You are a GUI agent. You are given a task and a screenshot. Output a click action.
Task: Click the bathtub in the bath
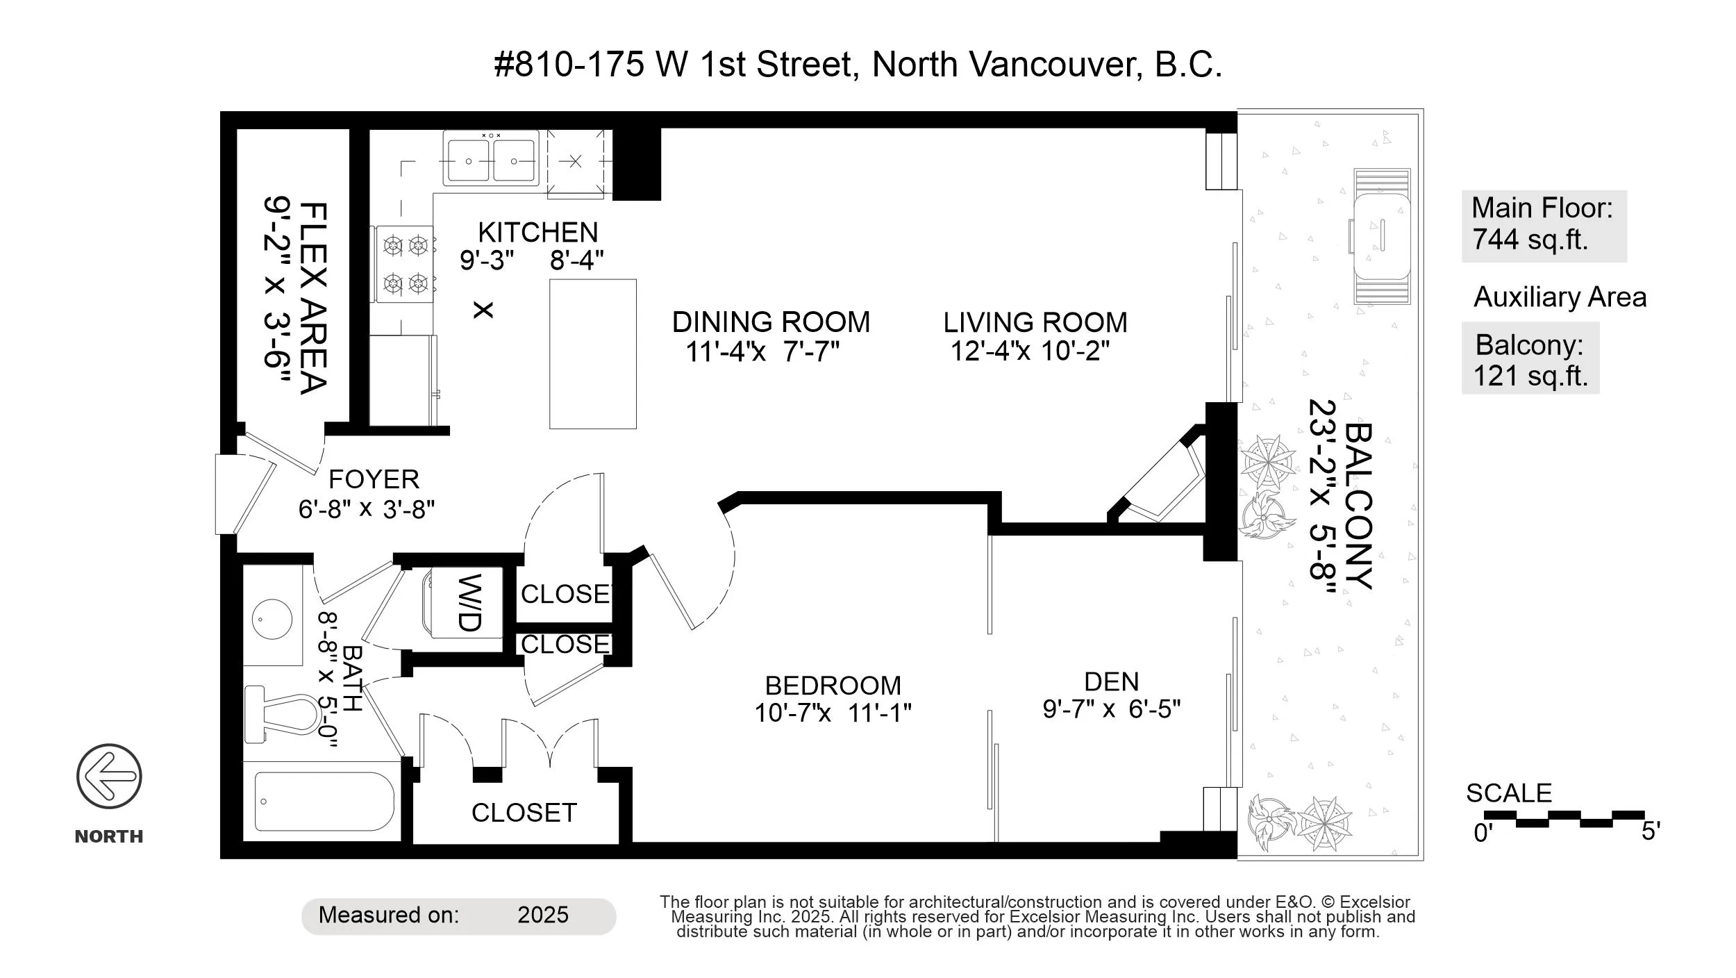(x=324, y=801)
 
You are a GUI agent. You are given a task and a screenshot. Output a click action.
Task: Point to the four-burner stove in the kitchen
(x=406, y=264)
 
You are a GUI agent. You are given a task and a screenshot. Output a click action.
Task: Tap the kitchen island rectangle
(x=593, y=354)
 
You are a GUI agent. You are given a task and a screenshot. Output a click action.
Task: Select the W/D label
(x=470, y=602)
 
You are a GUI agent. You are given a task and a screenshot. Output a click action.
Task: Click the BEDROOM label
(x=833, y=686)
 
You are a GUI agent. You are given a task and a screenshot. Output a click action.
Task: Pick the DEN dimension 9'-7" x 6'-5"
(x=1112, y=709)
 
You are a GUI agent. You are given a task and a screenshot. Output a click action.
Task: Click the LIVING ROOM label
(x=1035, y=322)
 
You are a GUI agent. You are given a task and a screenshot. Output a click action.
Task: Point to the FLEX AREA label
(x=313, y=298)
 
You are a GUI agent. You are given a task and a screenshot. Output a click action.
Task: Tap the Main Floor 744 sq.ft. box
(x=1544, y=226)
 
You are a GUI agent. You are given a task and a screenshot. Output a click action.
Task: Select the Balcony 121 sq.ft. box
(x=1530, y=358)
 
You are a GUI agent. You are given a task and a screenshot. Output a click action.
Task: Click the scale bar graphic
(x=1564, y=819)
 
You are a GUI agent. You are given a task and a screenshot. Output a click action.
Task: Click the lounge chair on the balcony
(x=1382, y=236)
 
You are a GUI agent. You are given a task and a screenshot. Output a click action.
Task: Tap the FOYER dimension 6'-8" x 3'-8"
(x=367, y=510)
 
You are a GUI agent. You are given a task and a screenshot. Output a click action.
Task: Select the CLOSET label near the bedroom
(x=524, y=813)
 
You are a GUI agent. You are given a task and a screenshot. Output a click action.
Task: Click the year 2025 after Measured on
(x=543, y=915)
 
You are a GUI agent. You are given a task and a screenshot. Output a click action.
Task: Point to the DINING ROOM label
(x=771, y=322)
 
